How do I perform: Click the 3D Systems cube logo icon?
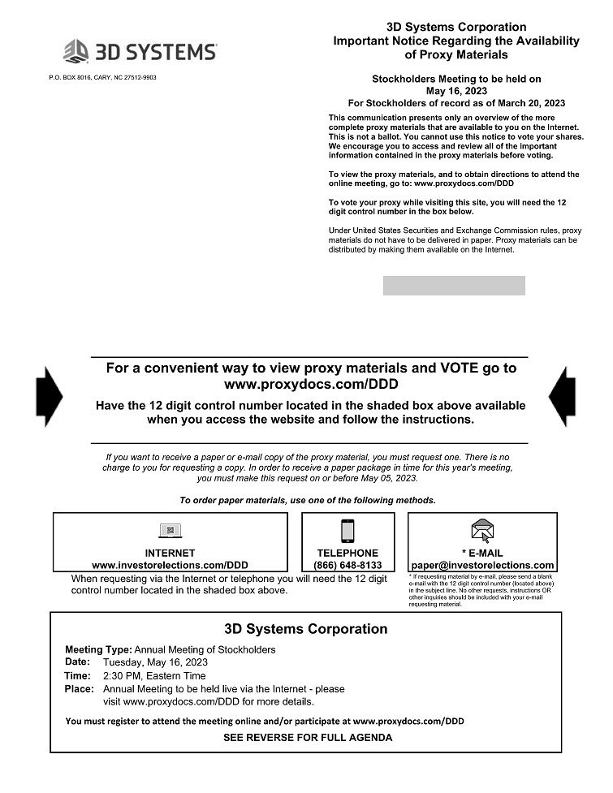[76, 51]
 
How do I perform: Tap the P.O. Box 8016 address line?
[102, 78]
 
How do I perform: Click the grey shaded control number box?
[454, 286]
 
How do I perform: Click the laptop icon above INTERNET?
[170, 531]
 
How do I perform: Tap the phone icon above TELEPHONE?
[348, 531]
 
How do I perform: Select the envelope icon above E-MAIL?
[482, 531]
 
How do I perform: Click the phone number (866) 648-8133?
[348, 565]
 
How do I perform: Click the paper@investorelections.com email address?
[482, 565]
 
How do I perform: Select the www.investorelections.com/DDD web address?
[170, 565]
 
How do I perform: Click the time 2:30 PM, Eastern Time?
[154, 675]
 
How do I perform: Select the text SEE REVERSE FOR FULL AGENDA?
[308, 738]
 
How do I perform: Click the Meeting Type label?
[98, 649]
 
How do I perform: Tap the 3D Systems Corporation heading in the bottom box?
[305, 629]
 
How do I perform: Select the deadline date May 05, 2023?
[388, 478]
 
